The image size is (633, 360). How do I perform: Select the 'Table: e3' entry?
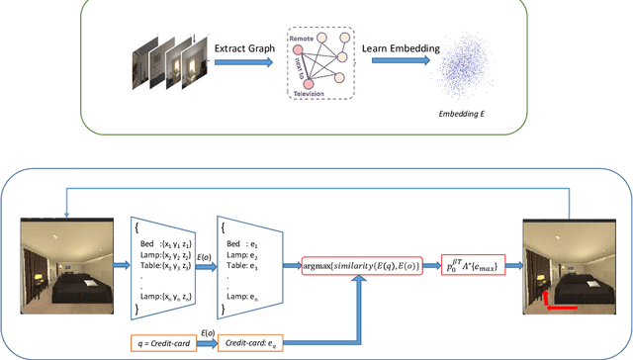click(x=247, y=265)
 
